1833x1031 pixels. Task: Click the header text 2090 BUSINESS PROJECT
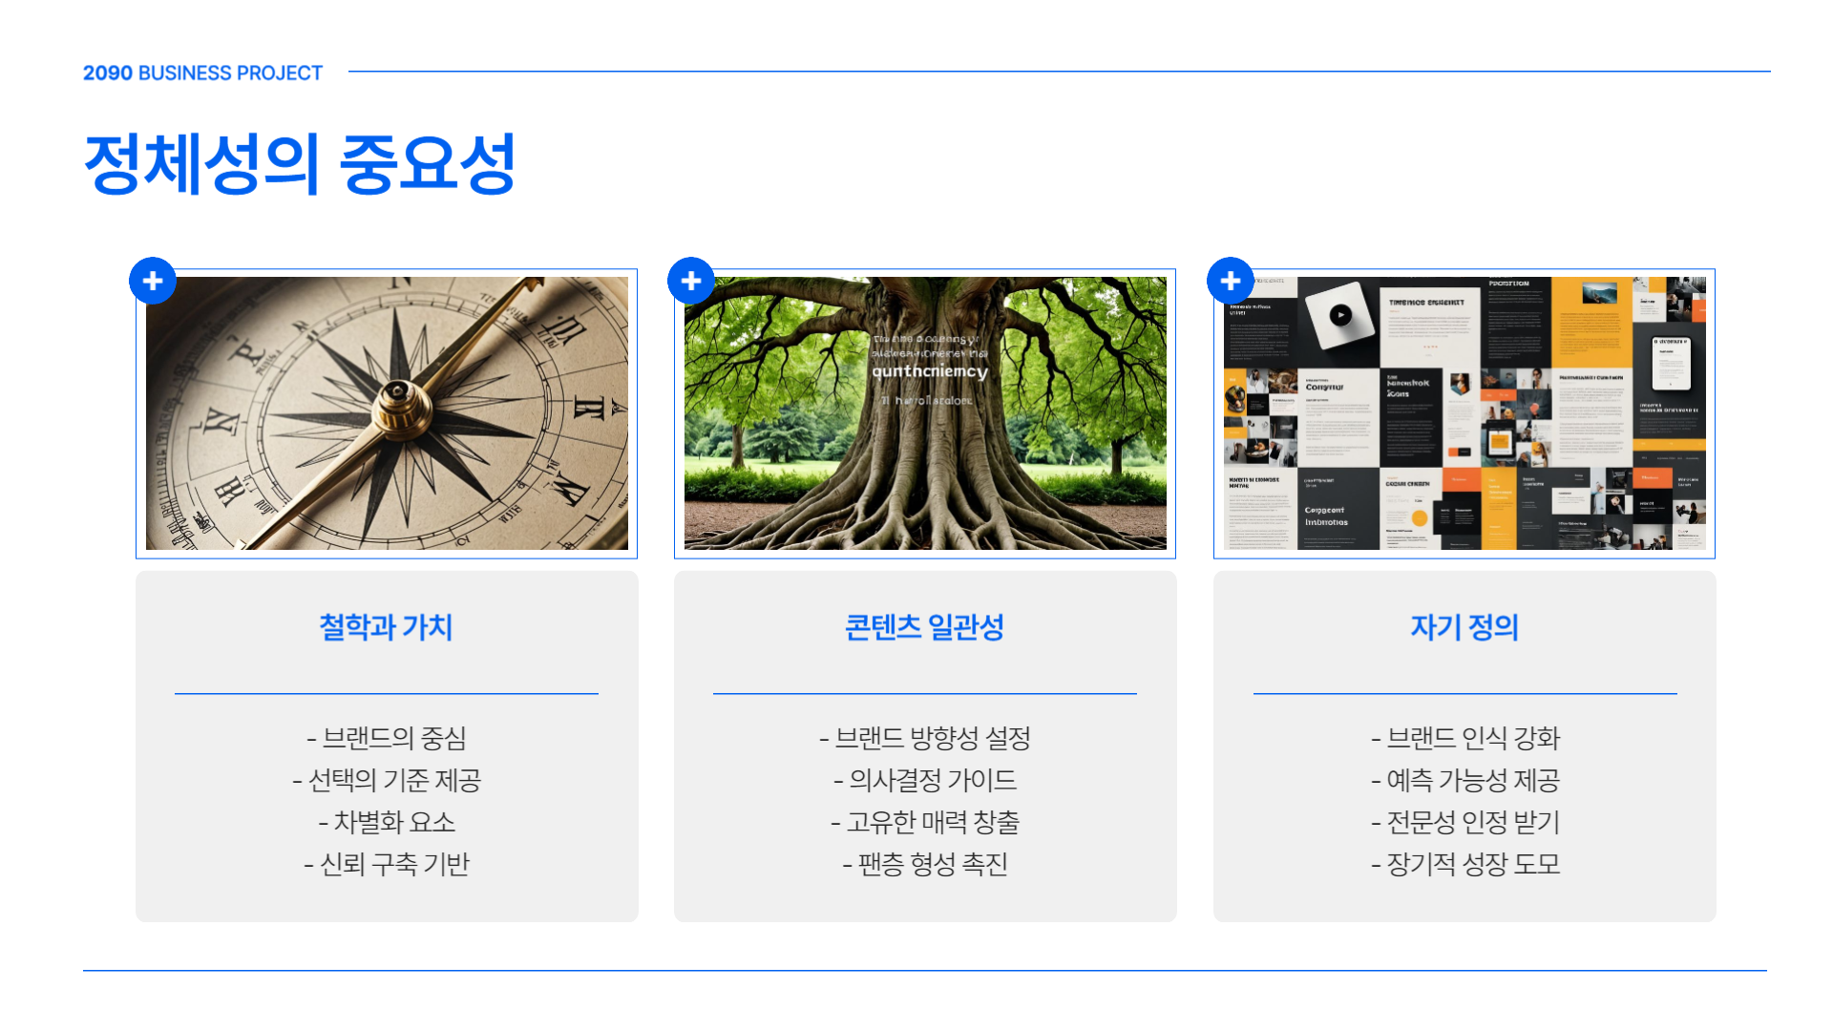tap(202, 74)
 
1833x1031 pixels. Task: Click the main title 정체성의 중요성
tap(300, 164)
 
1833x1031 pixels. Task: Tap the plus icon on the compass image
tap(153, 281)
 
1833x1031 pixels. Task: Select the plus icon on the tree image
tap(691, 281)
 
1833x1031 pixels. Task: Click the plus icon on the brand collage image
tap(1231, 281)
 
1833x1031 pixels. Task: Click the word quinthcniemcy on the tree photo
tap(929, 371)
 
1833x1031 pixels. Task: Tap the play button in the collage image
tap(1340, 315)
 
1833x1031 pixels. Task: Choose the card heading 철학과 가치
tap(386, 627)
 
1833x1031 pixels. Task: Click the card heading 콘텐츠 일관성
tap(924, 627)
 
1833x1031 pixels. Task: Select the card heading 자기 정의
tap(1464, 627)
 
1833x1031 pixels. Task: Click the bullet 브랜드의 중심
tap(387, 738)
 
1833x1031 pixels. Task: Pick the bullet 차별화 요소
tap(387, 822)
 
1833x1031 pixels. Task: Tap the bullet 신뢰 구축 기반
tap(387, 864)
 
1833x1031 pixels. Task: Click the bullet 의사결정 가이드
tap(925, 780)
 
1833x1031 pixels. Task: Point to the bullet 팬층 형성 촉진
tap(925, 864)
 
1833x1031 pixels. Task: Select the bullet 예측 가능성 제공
tap(1465, 780)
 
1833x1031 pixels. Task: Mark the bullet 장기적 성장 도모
tap(1465, 864)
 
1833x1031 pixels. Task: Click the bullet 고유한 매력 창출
tap(925, 822)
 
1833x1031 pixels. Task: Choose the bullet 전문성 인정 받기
tap(1465, 822)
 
